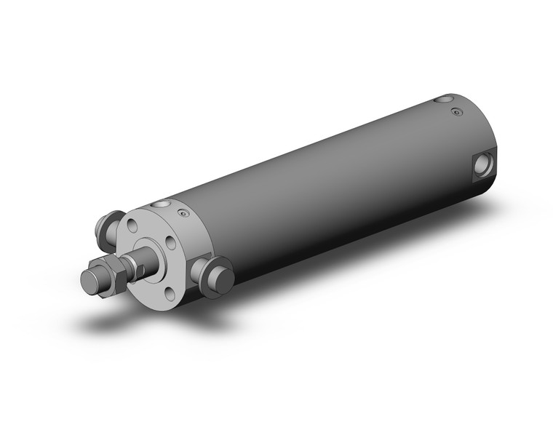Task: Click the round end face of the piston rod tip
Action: pos(89,281)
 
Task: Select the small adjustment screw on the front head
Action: pos(182,215)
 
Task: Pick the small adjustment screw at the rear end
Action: pos(456,111)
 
